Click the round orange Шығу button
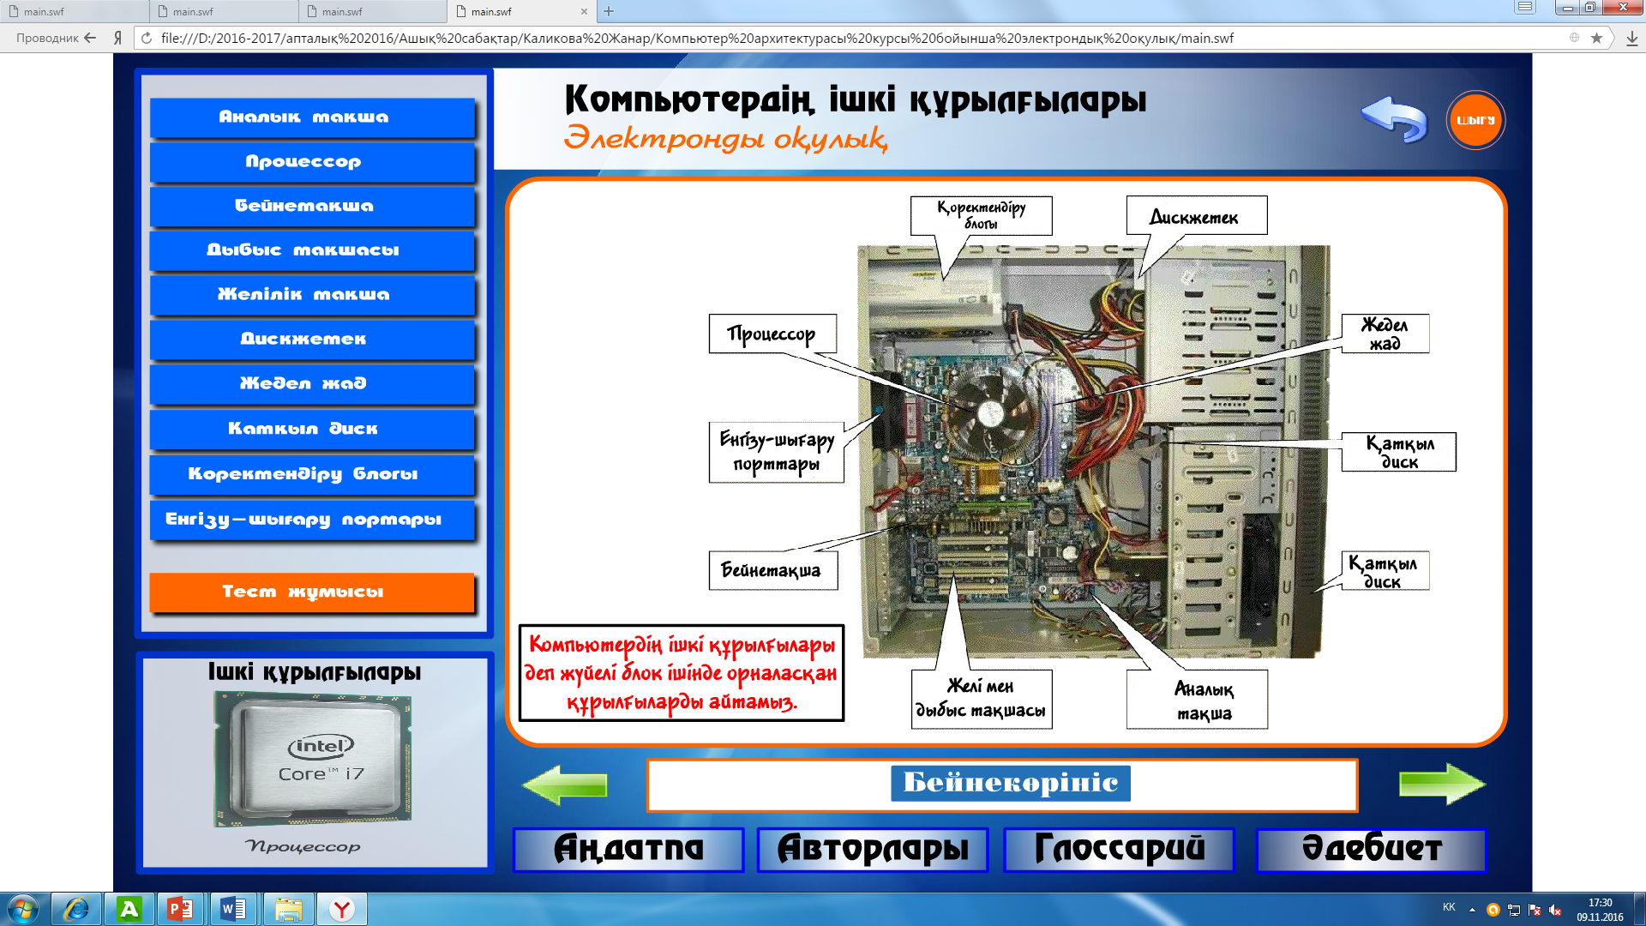click(1475, 120)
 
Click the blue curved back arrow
click(1394, 118)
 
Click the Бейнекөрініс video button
click(1010, 783)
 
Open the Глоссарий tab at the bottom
click(1119, 849)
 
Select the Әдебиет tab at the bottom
click(1371, 849)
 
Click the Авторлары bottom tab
click(872, 849)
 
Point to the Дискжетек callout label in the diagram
click(1195, 216)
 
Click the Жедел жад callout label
click(1385, 334)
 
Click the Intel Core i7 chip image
click(313, 759)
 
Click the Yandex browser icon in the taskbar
click(342, 909)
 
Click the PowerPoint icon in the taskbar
click(180, 909)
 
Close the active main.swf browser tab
click(584, 11)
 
